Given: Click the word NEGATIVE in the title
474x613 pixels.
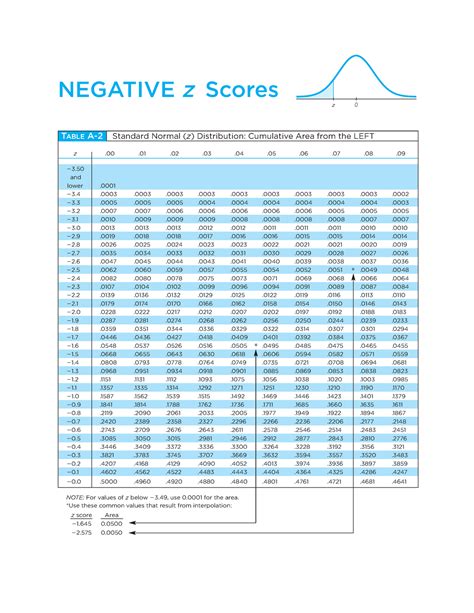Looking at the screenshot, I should [x=107, y=91].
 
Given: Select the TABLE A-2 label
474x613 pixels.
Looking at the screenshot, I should [x=77, y=135].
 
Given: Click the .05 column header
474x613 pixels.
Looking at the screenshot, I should [x=271, y=154].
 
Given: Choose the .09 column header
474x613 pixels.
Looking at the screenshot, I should [x=401, y=154].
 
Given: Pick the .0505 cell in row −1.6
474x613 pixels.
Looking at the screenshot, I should [x=239, y=344].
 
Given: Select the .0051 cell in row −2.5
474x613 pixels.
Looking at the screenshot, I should [x=335, y=270].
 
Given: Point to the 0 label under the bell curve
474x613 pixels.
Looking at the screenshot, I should [x=356, y=103].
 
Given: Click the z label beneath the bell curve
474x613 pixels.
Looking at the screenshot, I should [x=333, y=103].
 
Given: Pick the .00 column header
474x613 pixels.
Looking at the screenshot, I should [x=109, y=154].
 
